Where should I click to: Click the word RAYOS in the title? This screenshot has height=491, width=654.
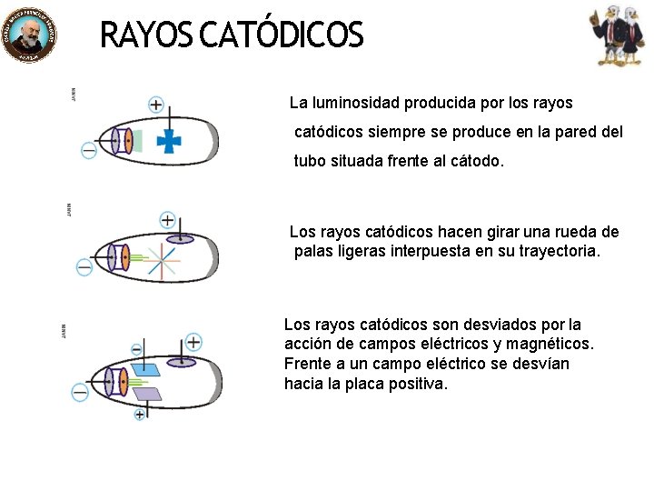click(x=145, y=36)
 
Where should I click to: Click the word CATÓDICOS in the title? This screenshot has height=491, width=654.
click(x=281, y=36)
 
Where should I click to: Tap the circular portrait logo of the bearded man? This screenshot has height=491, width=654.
click(x=29, y=36)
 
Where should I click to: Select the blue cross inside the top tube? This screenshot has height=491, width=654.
click(x=167, y=140)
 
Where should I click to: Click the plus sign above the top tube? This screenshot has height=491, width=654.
click(x=156, y=105)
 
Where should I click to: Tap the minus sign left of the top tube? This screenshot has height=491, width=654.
click(x=89, y=151)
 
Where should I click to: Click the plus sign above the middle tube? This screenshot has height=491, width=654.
click(x=167, y=220)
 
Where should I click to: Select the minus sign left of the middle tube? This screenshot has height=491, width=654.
click(x=84, y=267)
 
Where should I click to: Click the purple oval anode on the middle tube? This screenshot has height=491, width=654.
click(x=180, y=239)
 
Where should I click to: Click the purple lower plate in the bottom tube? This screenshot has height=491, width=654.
click(x=146, y=394)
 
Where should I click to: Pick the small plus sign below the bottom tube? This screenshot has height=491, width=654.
click(x=140, y=415)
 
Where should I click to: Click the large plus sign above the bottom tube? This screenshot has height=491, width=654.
click(x=193, y=342)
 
